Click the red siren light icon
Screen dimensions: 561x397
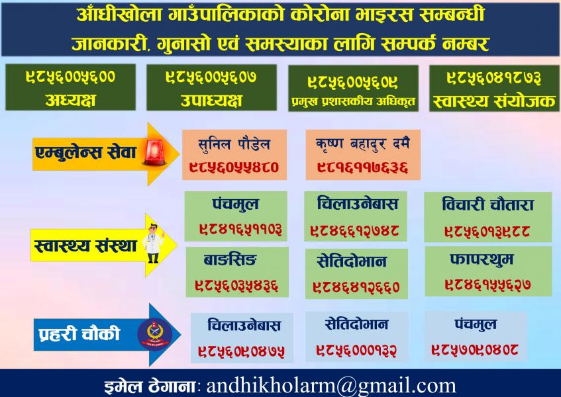tap(154, 152)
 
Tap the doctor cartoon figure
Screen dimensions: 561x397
tap(154, 243)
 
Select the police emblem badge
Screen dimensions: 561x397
tap(155, 334)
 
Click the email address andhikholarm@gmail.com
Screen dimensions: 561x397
tap(331, 386)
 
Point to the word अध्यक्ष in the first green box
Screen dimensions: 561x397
tap(70, 100)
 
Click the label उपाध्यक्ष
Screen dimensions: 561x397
tap(211, 101)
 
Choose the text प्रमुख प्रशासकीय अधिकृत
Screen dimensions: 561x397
tap(354, 102)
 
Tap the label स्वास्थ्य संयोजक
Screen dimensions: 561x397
tap(494, 101)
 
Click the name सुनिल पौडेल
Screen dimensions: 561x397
tap(234, 144)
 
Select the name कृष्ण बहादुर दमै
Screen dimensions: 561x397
tap(362, 144)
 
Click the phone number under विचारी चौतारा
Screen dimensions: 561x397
tap(487, 231)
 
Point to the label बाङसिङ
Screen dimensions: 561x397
tap(230, 260)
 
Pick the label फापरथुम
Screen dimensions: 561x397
tap(482, 259)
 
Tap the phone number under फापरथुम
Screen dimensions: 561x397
tap(487, 285)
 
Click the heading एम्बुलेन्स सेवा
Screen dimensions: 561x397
tap(86, 153)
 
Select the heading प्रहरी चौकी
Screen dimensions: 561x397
tap(79, 333)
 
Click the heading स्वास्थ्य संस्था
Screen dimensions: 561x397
tap(85, 246)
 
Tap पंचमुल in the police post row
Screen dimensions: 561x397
tap(476, 324)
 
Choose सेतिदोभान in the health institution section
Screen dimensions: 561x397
tap(352, 261)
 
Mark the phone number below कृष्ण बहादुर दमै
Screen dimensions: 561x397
tap(362, 167)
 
